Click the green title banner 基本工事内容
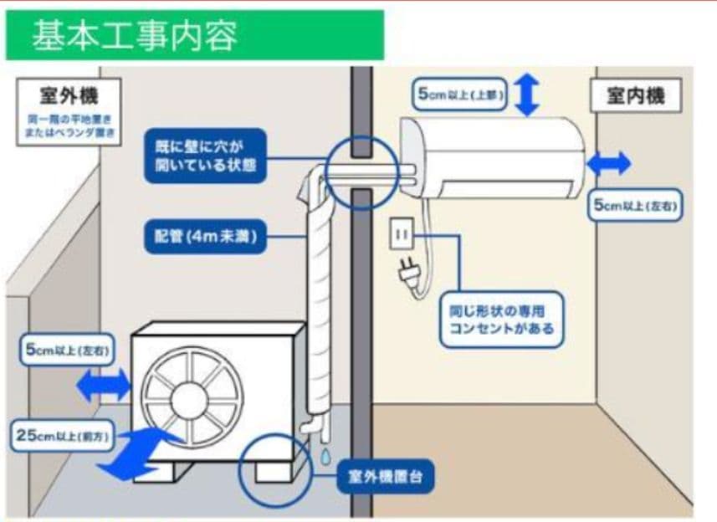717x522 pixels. click(194, 36)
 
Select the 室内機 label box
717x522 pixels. click(635, 96)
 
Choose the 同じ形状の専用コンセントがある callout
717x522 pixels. click(500, 318)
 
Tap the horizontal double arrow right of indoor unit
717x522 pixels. click(609, 164)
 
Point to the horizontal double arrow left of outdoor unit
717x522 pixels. click(103, 386)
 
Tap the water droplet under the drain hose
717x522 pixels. click(324, 453)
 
